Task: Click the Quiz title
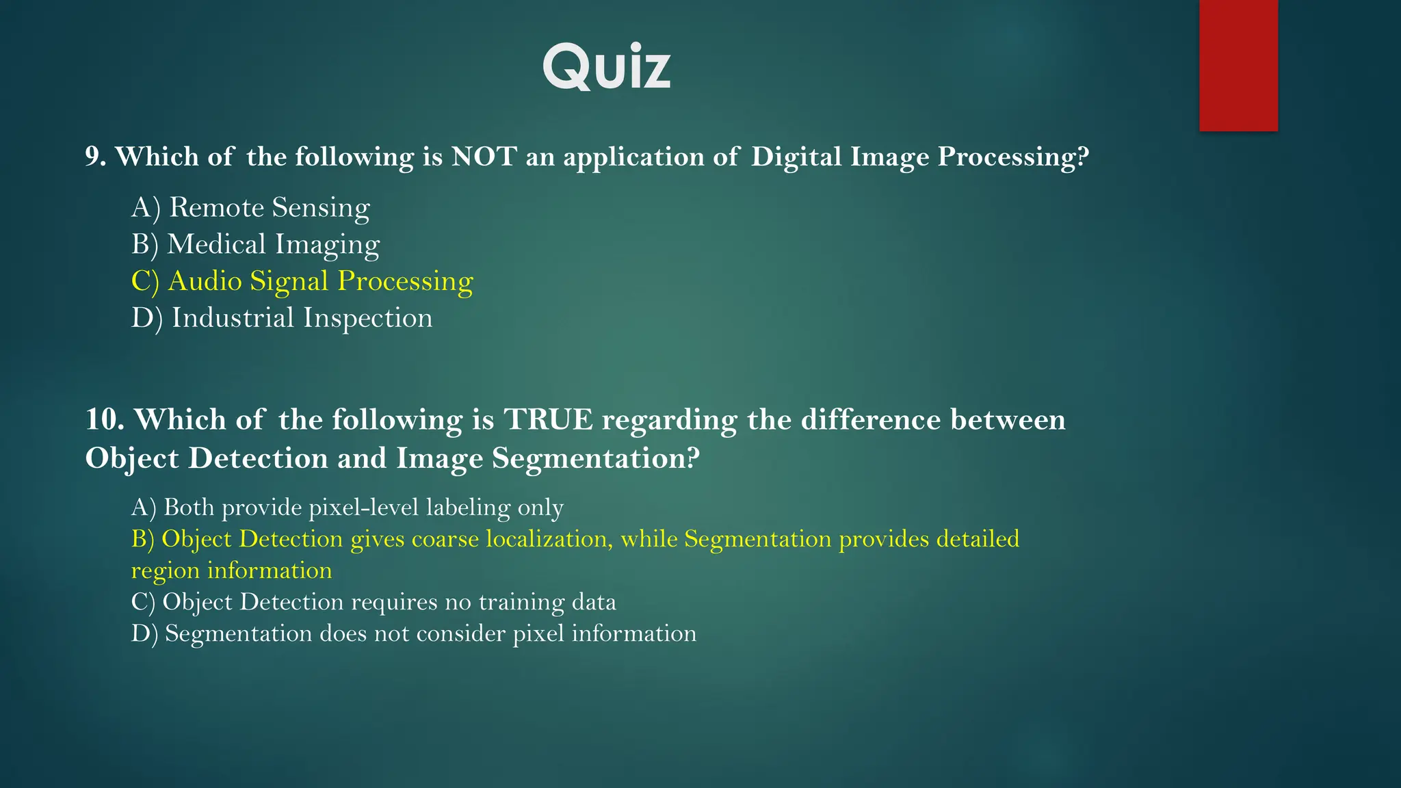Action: pos(607,66)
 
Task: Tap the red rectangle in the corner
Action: pos(1238,65)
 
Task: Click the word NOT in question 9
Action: pos(484,157)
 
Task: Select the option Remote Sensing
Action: pos(250,207)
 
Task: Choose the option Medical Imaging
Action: pos(255,244)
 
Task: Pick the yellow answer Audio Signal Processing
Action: pos(302,281)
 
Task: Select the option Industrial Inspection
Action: pos(281,318)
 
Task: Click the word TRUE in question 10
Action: pos(549,419)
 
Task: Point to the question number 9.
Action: pos(95,157)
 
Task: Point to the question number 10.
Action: pos(104,419)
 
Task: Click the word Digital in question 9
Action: pos(796,157)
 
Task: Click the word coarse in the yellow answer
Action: pos(445,539)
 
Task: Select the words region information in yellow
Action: pos(231,570)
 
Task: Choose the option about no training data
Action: pos(374,602)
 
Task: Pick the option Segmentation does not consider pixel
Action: pos(413,633)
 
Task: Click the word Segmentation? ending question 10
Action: pos(596,458)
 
